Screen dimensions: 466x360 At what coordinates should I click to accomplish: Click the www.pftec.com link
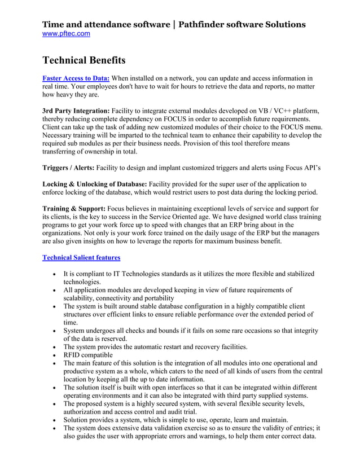66,34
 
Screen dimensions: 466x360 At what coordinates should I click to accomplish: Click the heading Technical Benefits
84,60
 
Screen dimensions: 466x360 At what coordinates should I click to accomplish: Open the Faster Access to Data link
76,78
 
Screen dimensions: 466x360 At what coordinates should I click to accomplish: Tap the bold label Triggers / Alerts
68,168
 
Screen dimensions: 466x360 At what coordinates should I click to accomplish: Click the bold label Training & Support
73,209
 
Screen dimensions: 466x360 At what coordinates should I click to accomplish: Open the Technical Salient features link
81,257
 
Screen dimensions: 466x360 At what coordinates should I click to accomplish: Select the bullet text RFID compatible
88,355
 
